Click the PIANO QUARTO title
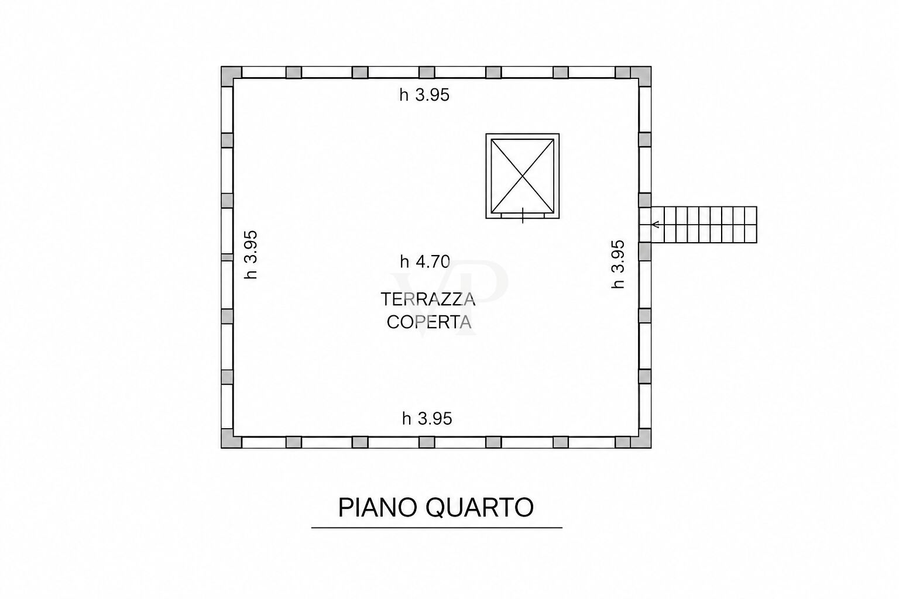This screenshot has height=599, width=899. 436,507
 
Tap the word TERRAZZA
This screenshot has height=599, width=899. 428,299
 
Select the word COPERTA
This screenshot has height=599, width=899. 428,322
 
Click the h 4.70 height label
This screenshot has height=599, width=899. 425,262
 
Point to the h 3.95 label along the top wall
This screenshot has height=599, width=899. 424,95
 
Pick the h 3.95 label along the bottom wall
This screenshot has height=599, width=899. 427,418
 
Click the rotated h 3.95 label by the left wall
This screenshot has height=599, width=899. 251,255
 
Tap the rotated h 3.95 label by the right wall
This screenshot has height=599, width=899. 618,264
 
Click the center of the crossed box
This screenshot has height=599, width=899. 523,175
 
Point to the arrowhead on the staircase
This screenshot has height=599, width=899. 656,225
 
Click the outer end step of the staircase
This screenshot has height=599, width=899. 751,225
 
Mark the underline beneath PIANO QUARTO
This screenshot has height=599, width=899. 437,528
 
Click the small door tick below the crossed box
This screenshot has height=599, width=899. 523,215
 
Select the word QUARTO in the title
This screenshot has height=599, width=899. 479,508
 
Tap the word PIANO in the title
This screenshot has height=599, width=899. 378,508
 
